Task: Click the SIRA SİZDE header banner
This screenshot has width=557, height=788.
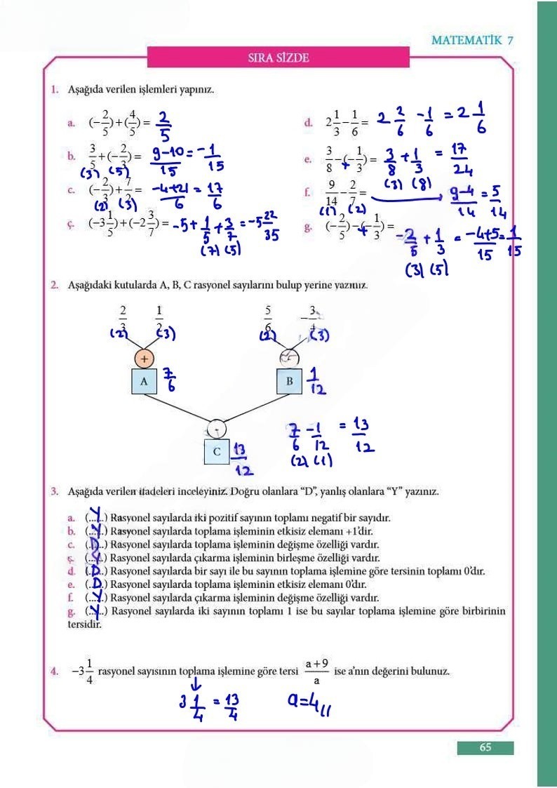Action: [278, 58]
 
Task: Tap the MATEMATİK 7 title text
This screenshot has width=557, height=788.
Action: [472, 40]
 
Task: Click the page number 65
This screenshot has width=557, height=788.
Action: [485, 747]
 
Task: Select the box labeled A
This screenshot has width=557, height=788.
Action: [144, 381]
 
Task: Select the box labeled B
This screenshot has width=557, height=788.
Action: [289, 381]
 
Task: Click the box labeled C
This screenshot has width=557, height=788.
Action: [217, 452]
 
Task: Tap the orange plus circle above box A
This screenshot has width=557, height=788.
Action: [144, 358]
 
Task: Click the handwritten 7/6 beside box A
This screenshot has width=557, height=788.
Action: [169, 381]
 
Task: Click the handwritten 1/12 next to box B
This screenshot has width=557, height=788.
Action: [318, 381]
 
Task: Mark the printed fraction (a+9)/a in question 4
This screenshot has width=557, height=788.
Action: [317, 672]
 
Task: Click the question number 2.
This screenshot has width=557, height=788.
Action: [54, 286]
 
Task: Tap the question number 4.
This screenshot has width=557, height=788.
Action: [54, 672]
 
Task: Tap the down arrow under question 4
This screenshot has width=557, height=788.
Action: [196, 681]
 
